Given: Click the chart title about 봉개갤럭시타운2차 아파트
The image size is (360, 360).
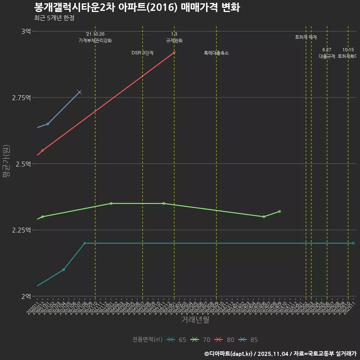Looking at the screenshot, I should [137, 7].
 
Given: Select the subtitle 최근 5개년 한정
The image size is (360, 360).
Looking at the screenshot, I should [54, 18].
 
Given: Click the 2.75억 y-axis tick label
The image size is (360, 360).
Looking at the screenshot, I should [22, 98].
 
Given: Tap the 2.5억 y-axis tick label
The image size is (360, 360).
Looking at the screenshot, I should [24, 164].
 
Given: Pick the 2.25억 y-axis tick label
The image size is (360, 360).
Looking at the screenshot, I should [22, 230].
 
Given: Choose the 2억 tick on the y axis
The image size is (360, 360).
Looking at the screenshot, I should [26, 297].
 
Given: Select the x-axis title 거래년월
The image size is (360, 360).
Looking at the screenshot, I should [195, 319].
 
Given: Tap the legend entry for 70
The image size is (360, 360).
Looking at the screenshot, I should [200, 340].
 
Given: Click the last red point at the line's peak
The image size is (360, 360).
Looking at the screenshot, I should [174, 52].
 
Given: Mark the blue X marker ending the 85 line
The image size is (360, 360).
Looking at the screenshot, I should [79, 92].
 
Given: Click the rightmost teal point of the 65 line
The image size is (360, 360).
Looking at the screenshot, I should [353, 243].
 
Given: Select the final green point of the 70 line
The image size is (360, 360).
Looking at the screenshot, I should [280, 211].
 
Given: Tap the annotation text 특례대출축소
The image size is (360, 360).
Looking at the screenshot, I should [216, 53].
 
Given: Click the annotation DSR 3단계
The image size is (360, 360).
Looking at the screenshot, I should [142, 53].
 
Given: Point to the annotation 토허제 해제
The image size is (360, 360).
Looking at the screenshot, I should [306, 37].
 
